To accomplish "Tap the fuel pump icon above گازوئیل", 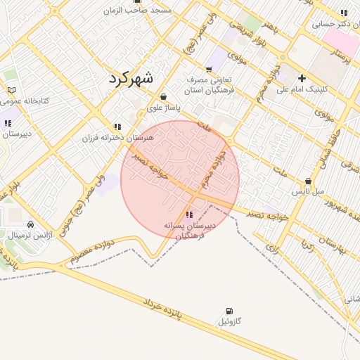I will coord(229,311).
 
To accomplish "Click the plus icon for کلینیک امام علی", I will coord(302,78).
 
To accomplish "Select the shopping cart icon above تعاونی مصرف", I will coord(208,69).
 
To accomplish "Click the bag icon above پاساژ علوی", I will coord(163,97).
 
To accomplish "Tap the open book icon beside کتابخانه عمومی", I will coord(11,90).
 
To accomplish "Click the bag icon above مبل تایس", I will coord(308,181).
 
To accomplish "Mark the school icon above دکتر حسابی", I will coord(343,13).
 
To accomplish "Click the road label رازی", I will coord(273,245).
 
